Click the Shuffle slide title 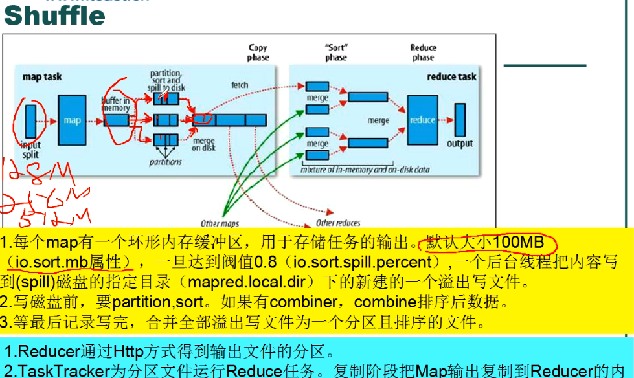(54, 16)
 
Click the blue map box (71, 120)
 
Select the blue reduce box (422, 120)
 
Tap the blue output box (460, 120)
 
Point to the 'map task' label (42, 77)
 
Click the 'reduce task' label (451, 77)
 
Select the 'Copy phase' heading (258, 52)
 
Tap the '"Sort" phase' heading (336, 52)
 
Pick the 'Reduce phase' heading (423, 52)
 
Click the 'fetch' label (240, 85)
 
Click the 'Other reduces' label (338, 223)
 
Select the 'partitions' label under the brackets (166, 162)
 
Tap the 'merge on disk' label (204, 144)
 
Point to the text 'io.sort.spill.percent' (363, 263)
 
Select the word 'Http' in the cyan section (132, 353)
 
